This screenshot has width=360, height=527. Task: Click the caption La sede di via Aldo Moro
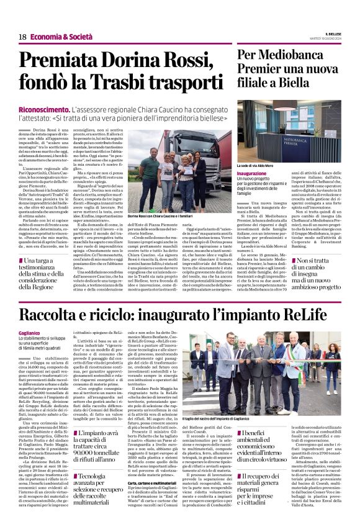point(256,166)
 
